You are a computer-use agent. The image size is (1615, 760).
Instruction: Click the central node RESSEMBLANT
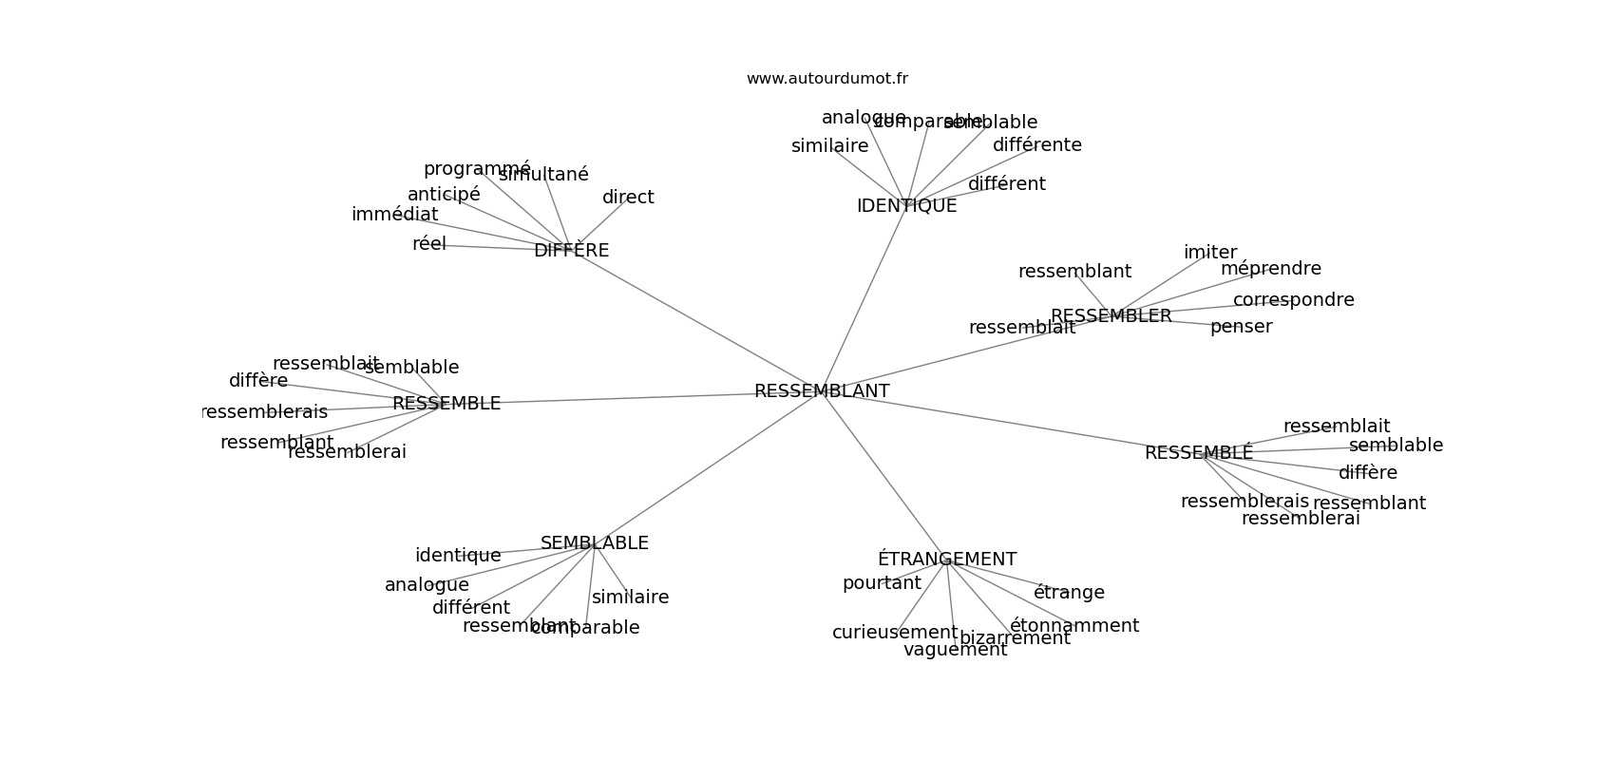pyautogui.click(x=822, y=391)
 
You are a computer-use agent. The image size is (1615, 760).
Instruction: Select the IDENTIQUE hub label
pyautogui.click(x=906, y=206)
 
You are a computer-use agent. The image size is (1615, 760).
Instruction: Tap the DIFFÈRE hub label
pyautogui.click(x=571, y=251)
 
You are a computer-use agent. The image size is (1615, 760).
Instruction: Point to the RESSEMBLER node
pyautogui.click(x=1111, y=316)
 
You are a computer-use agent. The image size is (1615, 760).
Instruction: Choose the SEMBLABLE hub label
pyautogui.click(x=594, y=543)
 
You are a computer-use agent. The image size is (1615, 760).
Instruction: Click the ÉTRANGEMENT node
pyautogui.click(x=946, y=560)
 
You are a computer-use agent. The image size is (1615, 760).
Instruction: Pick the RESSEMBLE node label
pyautogui.click(x=446, y=404)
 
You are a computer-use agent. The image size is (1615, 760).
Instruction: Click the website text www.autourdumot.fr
pyautogui.click(x=826, y=79)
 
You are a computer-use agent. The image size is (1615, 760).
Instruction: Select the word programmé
pyautogui.click(x=477, y=169)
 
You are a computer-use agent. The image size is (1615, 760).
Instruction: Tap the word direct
pyautogui.click(x=628, y=198)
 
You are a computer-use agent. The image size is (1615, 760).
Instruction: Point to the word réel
pyautogui.click(x=428, y=244)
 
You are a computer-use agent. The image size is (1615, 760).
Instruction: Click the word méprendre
pyautogui.click(x=1270, y=269)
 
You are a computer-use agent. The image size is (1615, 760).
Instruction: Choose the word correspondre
pyautogui.click(x=1293, y=300)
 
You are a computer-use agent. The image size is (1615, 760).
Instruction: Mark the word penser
pyautogui.click(x=1241, y=327)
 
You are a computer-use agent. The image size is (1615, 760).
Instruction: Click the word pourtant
pyautogui.click(x=882, y=583)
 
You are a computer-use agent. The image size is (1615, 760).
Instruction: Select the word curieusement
pyautogui.click(x=895, y=633)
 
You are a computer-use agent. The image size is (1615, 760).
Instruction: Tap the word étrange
pyautogui.click(x=1069, y=593)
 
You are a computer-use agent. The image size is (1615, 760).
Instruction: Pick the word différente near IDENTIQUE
pyautogui.click(x=1036, y=145)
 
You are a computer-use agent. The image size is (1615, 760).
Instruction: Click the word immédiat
pyautogui.click(x=394, y=215)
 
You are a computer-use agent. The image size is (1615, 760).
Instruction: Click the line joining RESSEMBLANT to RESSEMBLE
pyautogui.click(x=627, y=398)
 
